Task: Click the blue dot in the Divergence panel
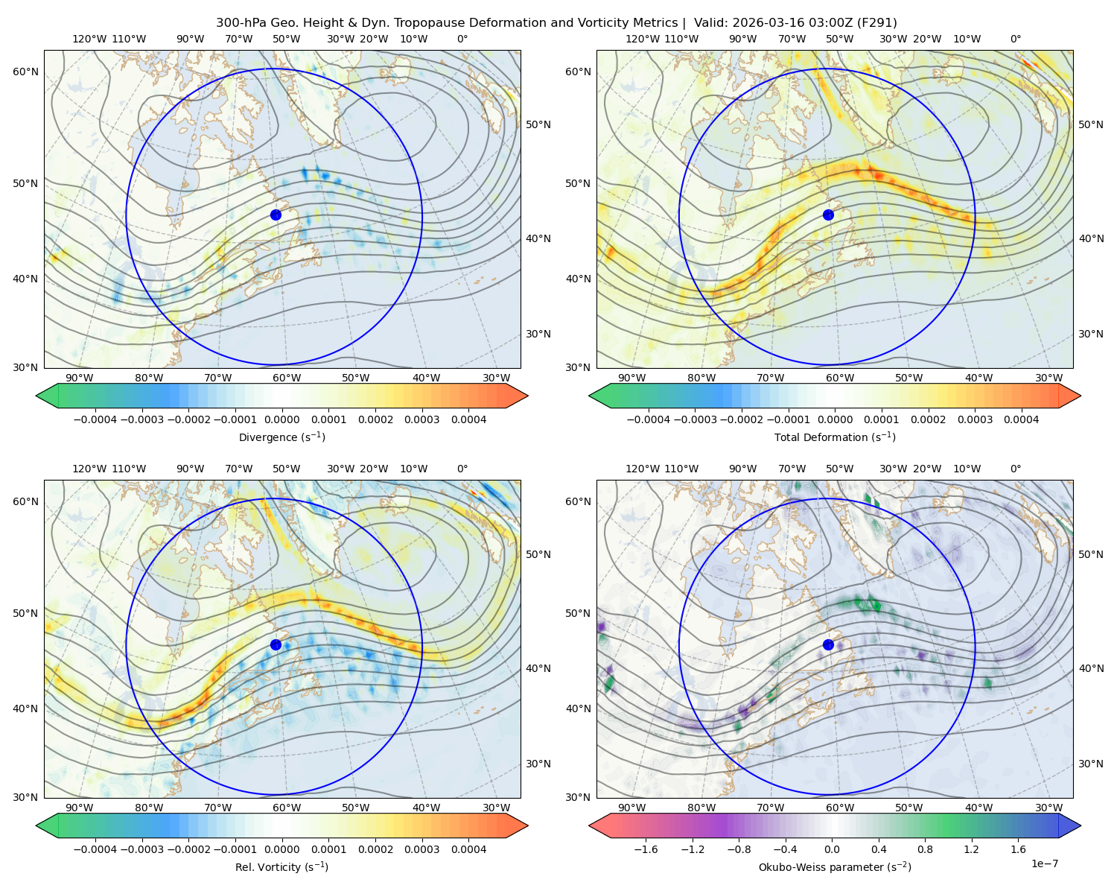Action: pyautogui.click(x=276, y=215)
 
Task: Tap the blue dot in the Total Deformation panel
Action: pyautogui.click(x=828, y=215)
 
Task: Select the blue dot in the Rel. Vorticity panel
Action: pyautogui.click(x=276, y=644)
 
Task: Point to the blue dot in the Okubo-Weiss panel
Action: pyautogui.click(x=828, y=644)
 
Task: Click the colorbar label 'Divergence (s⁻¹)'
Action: pyautogui.click(x=281, y=437)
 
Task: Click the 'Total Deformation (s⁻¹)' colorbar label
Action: pyautogui.click(x=835, y=437)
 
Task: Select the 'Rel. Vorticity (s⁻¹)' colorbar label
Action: pyautogui.click(x=281, y=866)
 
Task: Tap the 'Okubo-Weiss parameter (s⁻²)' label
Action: pyautogui.click(x=835, y=866)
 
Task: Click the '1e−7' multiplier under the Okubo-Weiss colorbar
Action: pyautogui.click(x=1044, y=863)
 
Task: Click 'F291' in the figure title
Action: pyautogui.click(x=876, y=23)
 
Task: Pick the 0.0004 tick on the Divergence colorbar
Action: pyautogui.click(x=468, y=419)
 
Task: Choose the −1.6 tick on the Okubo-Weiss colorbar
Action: pyautogui.click(x=646, y=849)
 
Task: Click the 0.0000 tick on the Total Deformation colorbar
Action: pyautogui.click(x=836, y=419)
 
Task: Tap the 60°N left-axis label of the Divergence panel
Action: pyautogui.click(x=25, y=72)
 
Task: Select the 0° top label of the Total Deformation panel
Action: pyautogui.click(x=1015, y=39)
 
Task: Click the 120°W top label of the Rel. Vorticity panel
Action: pyautogui.click(x=89, y=469)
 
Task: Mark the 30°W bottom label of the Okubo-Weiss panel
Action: pyautogui.click(x=1048, y=808)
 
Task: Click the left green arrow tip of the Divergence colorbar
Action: pyautogui.click(x=36, y=396)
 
